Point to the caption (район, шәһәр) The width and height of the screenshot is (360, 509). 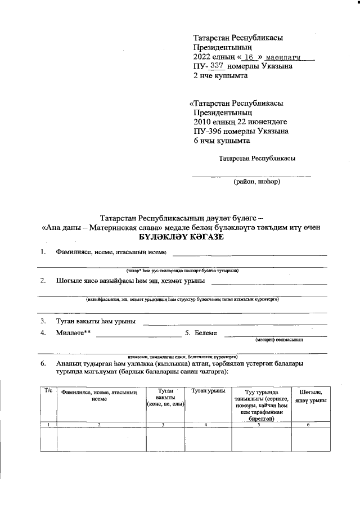257,181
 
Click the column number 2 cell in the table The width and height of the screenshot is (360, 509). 100,424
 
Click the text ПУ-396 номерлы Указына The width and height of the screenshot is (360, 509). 241,131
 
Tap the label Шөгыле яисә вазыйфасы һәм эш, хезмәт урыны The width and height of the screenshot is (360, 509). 130,280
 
